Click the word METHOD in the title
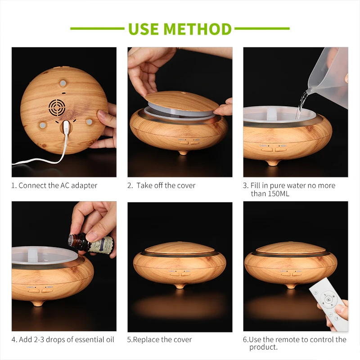(198, 29)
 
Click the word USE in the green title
(144, 29)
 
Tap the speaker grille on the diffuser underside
(57, 107)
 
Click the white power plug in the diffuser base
(66, 127)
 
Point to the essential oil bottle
(91, 244)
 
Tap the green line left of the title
(97, 29)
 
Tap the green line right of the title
(262, 29)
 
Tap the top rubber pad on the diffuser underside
(63, 83)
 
